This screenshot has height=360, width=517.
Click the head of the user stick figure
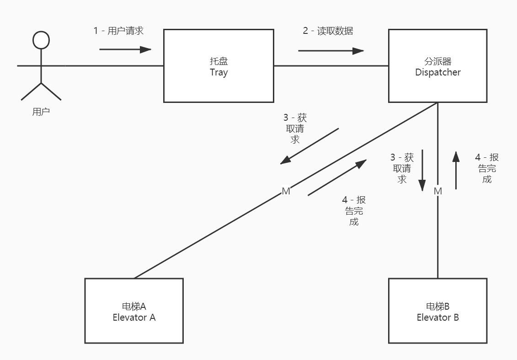tap(41, 40)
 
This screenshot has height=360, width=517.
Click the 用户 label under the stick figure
tap(41, 112)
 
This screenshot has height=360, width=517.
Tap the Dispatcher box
tap(437, 87)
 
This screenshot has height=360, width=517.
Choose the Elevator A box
tap(134, 327)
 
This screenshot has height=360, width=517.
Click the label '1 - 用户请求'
tap(118, 31)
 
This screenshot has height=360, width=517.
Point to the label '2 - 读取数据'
tap(328, 31)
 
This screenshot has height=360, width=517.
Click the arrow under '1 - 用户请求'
tap(125, 49)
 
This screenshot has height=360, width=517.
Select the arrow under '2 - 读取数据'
tap(331, 51)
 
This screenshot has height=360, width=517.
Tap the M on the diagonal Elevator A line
tap(286, 191)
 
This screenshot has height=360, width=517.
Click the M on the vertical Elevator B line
tap(438, 191)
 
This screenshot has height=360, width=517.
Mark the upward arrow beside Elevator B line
tap(456, 170)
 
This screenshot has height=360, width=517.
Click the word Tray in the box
tap(219, 72)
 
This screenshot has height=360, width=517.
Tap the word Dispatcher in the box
tap(437, 72)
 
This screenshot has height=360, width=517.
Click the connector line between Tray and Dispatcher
tap(331, 66)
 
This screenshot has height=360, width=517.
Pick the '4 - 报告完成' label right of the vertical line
tap(487, 168)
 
